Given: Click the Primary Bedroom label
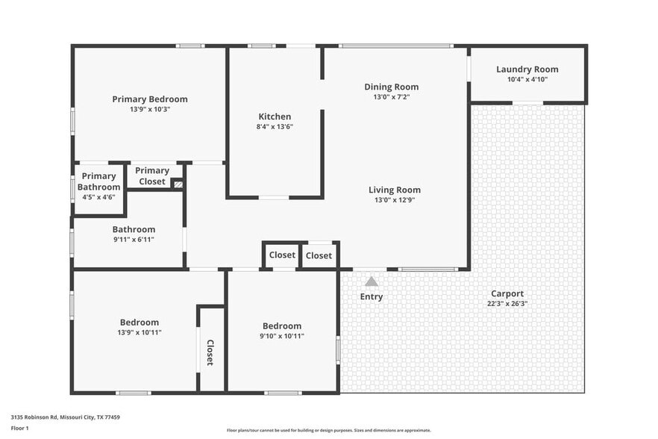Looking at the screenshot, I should click(150, 99).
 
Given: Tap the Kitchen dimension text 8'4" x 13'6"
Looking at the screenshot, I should click(275, 127).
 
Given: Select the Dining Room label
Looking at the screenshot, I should click(391, 87).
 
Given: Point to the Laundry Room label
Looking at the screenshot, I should click(527, 69).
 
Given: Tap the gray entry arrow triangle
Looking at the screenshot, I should click(372, 281).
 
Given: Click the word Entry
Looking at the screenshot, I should click(372, 296).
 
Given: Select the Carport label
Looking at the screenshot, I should click(507, 293).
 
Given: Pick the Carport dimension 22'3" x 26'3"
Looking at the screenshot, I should click(507, 304).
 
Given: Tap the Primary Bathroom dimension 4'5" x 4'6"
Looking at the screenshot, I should click(98, 198).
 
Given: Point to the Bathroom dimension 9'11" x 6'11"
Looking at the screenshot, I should click(134, 240).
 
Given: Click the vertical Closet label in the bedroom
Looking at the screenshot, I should click(210, 352).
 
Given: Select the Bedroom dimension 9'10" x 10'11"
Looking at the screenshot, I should click(282, 336).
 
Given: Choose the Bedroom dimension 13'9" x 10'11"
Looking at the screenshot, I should click(139, 332).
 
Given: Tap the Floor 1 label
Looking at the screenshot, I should click(20, 428).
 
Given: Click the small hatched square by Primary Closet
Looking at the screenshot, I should click(178, 184).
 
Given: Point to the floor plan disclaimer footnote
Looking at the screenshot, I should click(328, 430).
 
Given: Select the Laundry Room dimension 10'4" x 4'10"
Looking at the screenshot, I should click(527, 79).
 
